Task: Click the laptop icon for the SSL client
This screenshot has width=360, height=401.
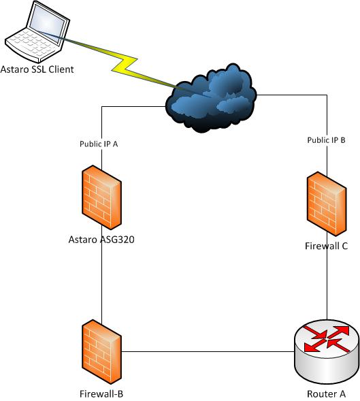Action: [37, 32]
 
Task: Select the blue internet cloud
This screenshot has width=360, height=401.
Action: [211, 99]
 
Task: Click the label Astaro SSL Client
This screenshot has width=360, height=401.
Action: [37, 69]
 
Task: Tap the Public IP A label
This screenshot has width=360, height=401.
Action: [99, 144]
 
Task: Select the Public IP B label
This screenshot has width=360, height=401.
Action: [326, 140]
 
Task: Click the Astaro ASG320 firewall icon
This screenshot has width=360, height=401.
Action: [101, 197]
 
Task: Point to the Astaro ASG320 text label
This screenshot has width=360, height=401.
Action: [101, 240]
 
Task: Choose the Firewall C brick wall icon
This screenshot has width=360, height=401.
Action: [327, 204]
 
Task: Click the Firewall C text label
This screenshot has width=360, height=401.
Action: [326, 246]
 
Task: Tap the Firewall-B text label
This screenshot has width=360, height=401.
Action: [101, 394]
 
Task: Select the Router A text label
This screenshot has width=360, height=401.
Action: [326, 394]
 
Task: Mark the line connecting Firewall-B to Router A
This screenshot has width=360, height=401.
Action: [208, 351]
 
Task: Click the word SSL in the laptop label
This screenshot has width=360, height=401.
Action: [37, 69]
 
